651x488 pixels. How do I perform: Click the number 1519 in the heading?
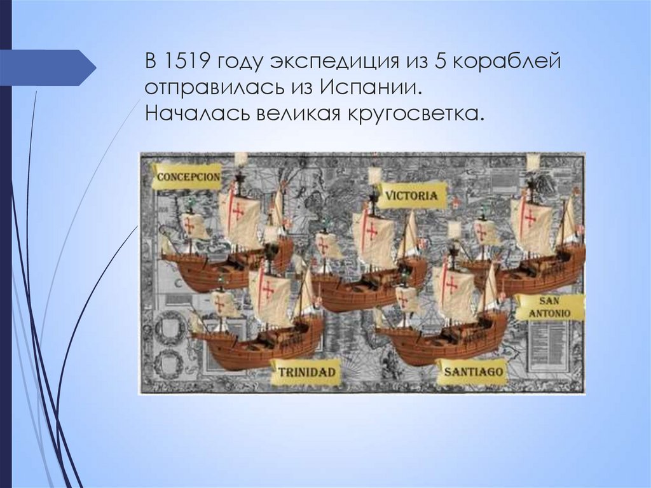pyautogui.click(x=185, y=62)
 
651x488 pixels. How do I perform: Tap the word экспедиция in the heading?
pyautogui.click(x=325, y=62)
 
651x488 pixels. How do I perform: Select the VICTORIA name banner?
pyautogui.click(x=411, y=195)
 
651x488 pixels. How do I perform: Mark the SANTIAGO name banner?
pyautogui.click(x=472, y=370)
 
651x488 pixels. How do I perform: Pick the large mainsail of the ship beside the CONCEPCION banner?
pyautogui.click(x=240, y=220)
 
